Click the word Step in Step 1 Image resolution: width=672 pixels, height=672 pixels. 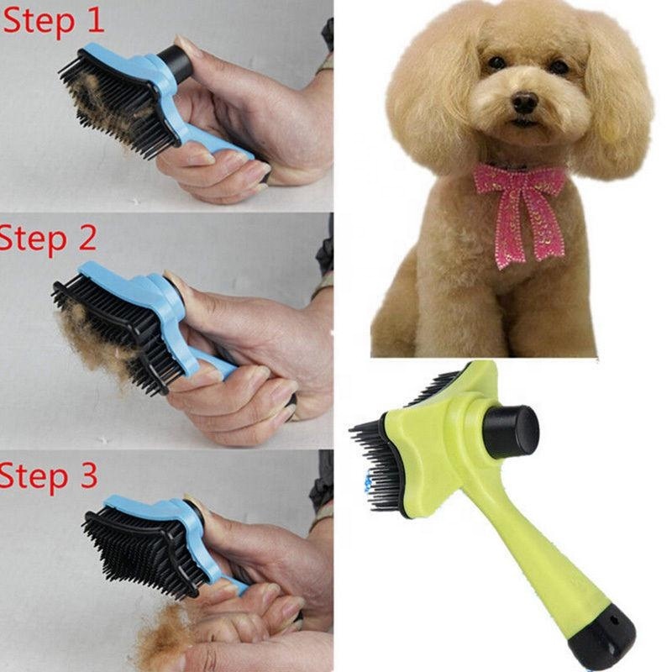(40, 23)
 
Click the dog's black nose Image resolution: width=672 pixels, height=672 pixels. (525, 102)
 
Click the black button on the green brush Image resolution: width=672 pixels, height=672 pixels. (512, 431)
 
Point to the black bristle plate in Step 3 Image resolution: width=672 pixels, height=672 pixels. (143, 546)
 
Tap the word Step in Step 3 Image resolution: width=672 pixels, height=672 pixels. (34, 476)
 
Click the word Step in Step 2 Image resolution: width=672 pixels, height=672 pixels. (34, 239)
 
